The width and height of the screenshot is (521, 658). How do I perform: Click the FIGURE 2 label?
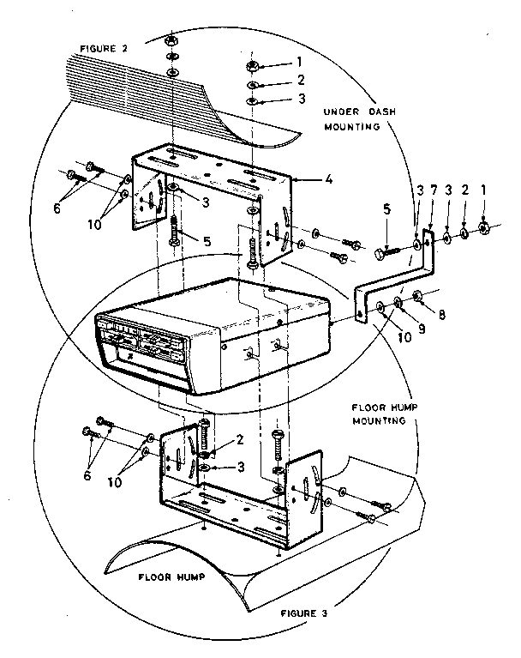(104, 49)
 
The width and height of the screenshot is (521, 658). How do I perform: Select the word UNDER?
(344, 111)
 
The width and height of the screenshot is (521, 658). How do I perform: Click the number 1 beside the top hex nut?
(299, 63)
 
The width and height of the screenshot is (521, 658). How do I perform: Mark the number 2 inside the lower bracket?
(241, 439)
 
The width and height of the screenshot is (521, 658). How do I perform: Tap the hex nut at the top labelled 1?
(254, 66)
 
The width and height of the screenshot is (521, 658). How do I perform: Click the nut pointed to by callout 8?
(417, 297)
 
